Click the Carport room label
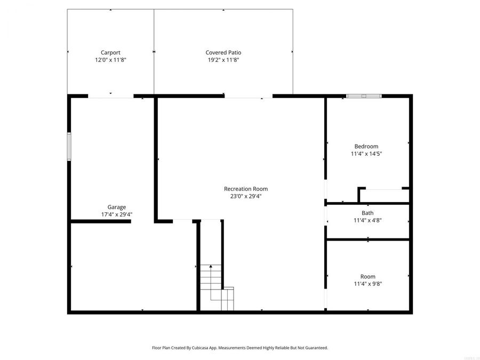pyautogui.click(x=110, y=53)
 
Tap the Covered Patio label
pyautogui.click(x=223, y=53)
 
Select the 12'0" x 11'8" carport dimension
pyautogui.click(x=110, y=60)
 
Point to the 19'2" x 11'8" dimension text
pyautogui.click(x=223, y=60)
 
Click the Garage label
pyautogui.click(x=117, y=207)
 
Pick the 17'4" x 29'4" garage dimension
pyautogui.click(x=117, y=214)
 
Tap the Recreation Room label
pyautogui.click(x=246, y=189)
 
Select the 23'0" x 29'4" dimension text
pyautogui.click(x=246, y=196)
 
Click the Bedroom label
pyautogui.click(x=366, y=147)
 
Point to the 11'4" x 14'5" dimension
pyautogui.click(x=366, y=154)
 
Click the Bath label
pyautogui.click(x=367, y=213)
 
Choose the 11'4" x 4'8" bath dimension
pyautogui.click(x=367, y=220)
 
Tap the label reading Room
pyautogui.click(x=367, y=276)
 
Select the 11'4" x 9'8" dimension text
pyautogui.click(x=367, y=284)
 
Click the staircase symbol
pyautogui.click(x=213, y=283)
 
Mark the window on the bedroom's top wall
pyautogui.click(x=364, y=96)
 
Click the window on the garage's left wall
pyautogui.click(x=69, y=146)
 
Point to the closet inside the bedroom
pyautogui.click(x=383, y=195)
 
